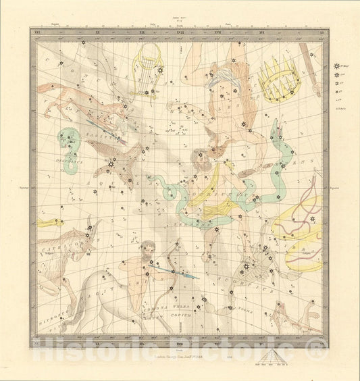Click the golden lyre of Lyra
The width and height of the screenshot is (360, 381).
(151, 63)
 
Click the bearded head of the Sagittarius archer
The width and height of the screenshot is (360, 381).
(150, 248)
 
